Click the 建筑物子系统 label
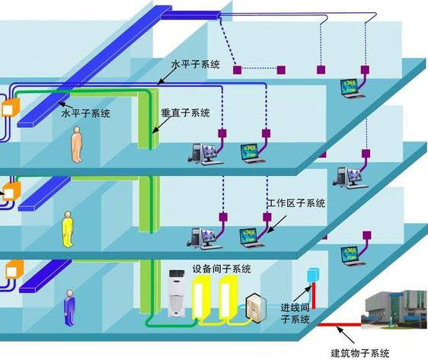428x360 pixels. point(360,352)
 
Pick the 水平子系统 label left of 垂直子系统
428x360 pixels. point(85,113)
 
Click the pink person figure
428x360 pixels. point(77,145)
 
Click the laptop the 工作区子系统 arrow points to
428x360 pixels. point(249,235)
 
